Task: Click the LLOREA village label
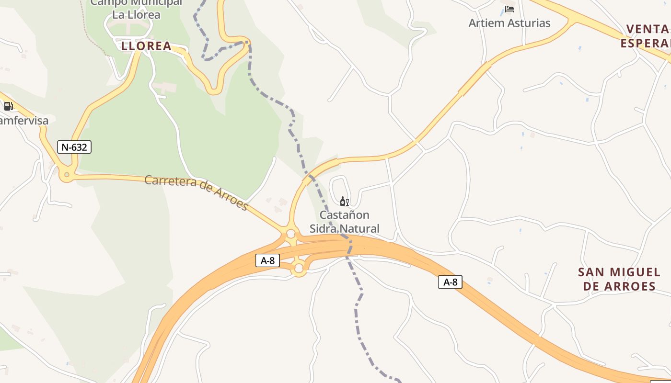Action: pos(146,46)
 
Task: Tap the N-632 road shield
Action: pos(74,147)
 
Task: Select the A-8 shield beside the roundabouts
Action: pos(267,260)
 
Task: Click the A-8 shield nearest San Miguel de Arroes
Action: pos(450,282)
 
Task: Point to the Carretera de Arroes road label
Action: pos(196,193)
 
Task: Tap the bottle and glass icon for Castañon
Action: pos(344,201)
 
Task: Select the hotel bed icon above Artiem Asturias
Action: pos(509,9)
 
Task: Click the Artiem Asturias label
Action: pos(509,23)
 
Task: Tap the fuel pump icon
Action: pos(8,106)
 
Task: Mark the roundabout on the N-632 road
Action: pos(67,175)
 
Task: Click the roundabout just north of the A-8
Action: pos(290,234)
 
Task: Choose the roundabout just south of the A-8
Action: pos(299,269)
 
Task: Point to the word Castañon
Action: pos(344,215)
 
